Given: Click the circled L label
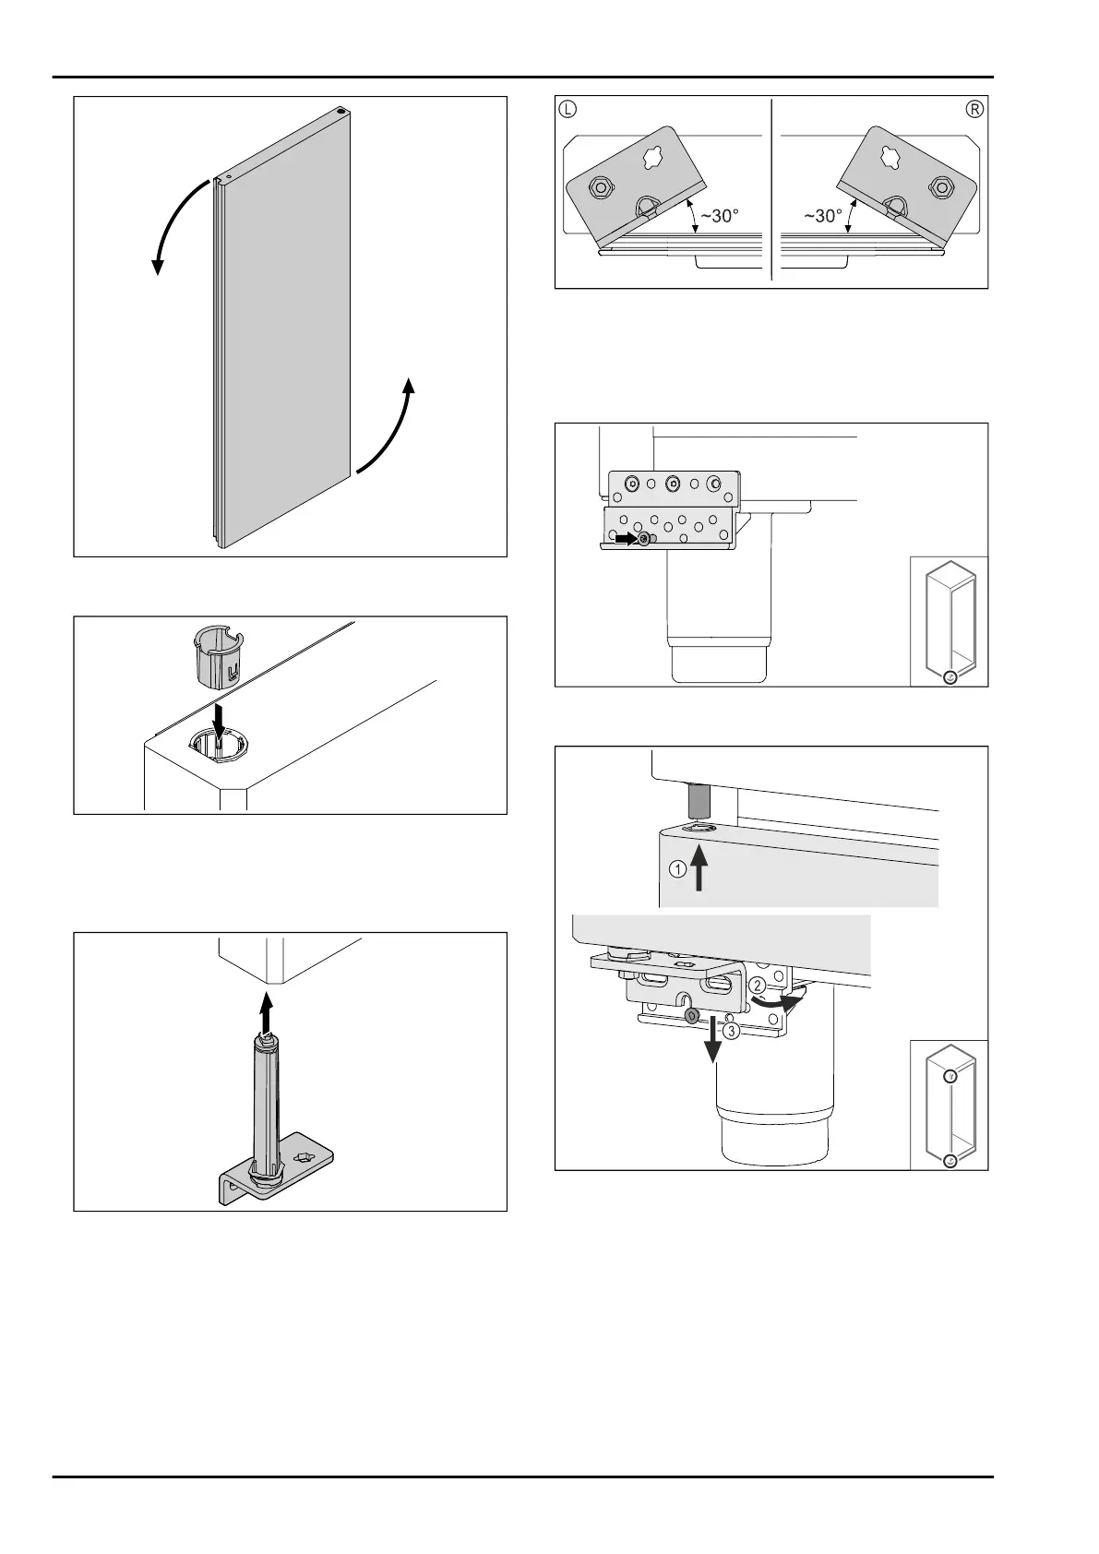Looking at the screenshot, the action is click(x=567, y=109).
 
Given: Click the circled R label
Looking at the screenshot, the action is click(x=974, y=109).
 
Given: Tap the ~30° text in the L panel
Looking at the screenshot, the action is click(x=720, y=216).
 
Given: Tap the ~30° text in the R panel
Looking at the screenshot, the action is click(x=823, y=216).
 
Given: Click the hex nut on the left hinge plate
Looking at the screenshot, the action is click(x=598, y=186).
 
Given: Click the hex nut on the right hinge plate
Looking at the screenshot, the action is click(x=940, y=186).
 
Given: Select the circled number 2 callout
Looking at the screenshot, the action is click(x=757, y=986).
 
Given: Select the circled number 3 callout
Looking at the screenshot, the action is click(x=731, y=1032).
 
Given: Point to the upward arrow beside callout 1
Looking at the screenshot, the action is click(x=699, y=867).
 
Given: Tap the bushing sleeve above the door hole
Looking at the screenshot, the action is click(x=217, y=652).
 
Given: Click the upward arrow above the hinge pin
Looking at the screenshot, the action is click(x=266, y=1011).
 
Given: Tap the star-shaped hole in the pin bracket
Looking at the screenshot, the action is click(x=304, y=1156).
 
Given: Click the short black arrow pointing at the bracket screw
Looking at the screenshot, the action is click(x=627, y=538).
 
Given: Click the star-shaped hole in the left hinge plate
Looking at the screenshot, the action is click(x=653, y=157).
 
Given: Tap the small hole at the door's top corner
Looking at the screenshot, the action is click(x=340, y=111).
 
